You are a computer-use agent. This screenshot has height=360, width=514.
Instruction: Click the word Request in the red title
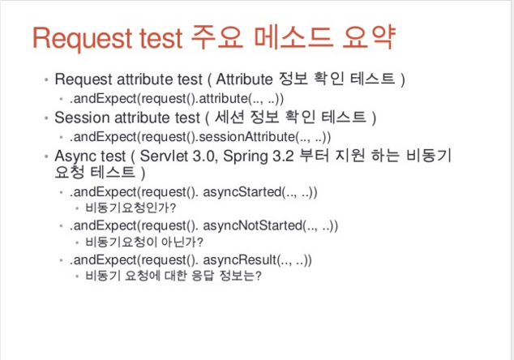(x=82, y=38)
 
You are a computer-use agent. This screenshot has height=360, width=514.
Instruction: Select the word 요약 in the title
(x=369, y=37)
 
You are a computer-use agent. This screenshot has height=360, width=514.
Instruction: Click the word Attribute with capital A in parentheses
(x=244, y=79)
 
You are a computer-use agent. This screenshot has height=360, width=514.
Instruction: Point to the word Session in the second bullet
(x=82, y=118)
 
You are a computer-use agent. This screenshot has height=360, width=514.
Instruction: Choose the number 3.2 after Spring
(x=283, y=156)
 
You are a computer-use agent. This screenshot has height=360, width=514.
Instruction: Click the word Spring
(x=246, y=156)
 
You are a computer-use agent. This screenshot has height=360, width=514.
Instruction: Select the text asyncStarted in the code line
(x=242, y=192)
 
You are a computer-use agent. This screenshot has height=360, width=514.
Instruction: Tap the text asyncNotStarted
(x=252, y=225)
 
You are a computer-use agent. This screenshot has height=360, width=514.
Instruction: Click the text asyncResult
(x=240, y=259)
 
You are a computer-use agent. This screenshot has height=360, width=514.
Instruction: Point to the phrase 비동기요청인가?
(x=131, y=208)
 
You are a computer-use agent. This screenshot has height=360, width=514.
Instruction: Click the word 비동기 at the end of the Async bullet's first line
(x=429, y=155)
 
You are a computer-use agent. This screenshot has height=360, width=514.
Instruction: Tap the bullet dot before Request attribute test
(x=46, y=79)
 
